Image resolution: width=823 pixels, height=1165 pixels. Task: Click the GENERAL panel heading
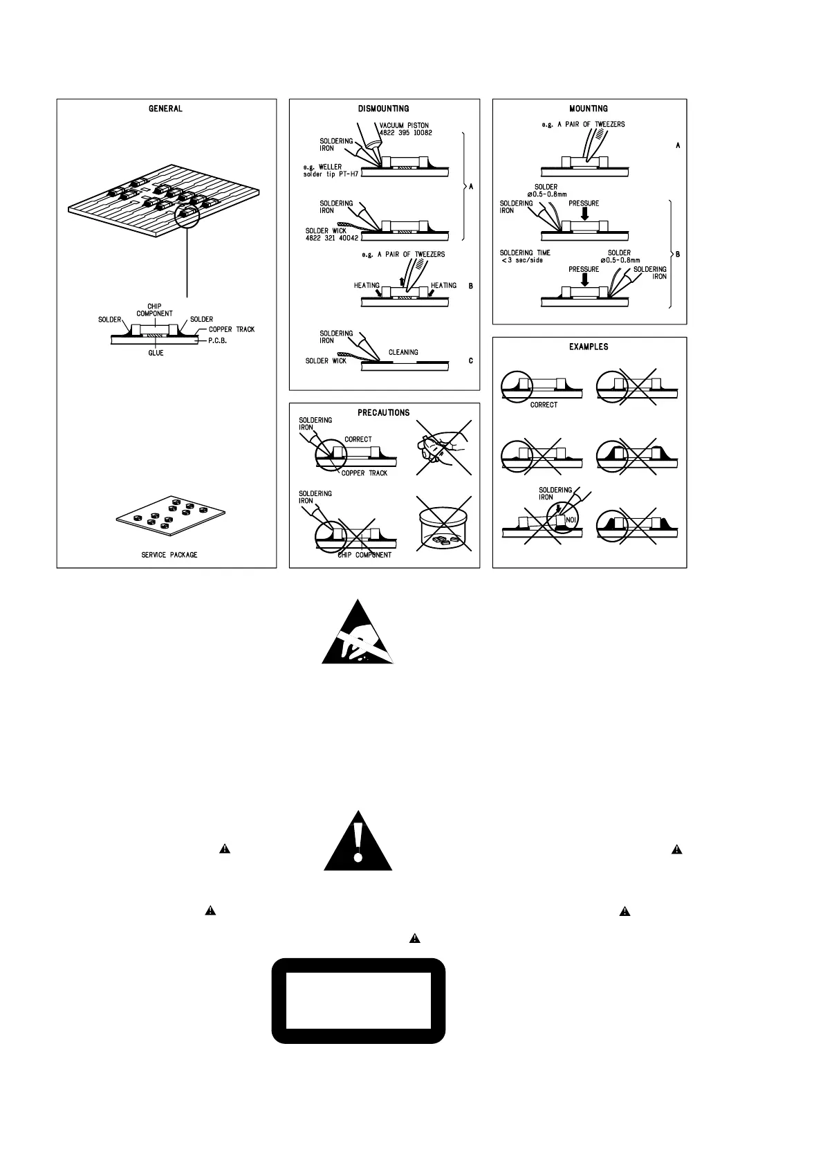tap(165, 109)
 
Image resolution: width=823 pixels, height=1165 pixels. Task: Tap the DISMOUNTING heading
tap(383, 109)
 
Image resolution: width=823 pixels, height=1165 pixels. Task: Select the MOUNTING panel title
tap(589, 109)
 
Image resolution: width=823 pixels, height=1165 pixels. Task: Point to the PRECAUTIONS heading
tap(383, 412)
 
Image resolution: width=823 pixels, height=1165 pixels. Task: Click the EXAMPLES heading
tap(589, 347)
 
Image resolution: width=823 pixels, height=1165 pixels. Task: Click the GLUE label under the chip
tap(156, 353)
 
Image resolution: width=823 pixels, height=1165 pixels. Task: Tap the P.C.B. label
tap(218, 340)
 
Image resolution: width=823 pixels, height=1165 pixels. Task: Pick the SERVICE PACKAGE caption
tap(169, 555)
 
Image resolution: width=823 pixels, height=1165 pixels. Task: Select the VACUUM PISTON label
tap(404, 125)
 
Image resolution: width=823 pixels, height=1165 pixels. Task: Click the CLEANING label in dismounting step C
tap(403, 352)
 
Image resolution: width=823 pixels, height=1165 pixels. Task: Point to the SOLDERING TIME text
tap(526, 253)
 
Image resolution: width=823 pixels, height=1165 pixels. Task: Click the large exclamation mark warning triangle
tap(358, 844)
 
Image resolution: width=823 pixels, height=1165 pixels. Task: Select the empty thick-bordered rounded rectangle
tap(358, 1000)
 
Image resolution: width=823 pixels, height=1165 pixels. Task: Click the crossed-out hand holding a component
tap(443, 448)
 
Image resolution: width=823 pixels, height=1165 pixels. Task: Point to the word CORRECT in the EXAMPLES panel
tap(544, 405)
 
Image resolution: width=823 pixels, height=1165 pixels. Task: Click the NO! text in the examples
tap(571, 520)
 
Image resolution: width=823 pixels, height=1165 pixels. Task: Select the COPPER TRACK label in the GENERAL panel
tap(232, 329)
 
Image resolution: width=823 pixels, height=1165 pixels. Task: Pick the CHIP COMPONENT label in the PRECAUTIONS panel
tap(364, 555)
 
